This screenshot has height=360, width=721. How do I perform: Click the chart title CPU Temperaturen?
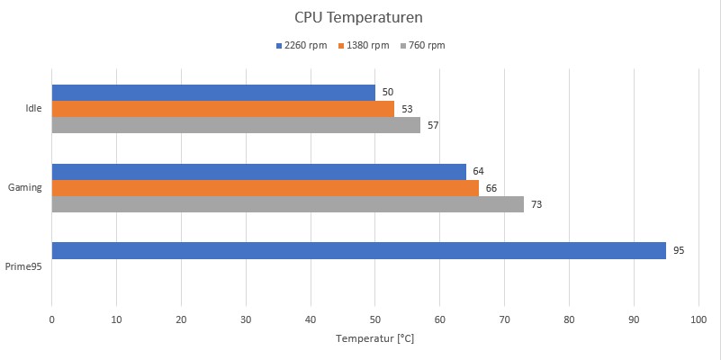pos(358,17)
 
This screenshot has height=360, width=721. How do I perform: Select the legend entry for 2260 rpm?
pos(302,46)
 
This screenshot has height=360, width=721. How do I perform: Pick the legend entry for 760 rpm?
pos(420,46)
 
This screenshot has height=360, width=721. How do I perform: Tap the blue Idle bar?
pos(213,93)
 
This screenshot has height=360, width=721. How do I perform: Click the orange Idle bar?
pos(222,109)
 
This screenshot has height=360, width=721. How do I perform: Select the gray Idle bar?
pos(236,125)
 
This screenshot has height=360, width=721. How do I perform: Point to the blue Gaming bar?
pos(258,172)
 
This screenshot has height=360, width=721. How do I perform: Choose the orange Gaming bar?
pos(265,188)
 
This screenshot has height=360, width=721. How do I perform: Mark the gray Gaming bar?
pos(287,204)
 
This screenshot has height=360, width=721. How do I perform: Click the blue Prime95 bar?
pos(358,250)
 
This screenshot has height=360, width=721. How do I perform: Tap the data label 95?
pos(679,250)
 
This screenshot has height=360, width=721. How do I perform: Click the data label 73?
pos(536,204)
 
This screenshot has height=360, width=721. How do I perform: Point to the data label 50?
pos(388,93)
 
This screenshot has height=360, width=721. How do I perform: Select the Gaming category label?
pos(25,187)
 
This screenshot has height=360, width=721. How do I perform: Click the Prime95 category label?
pos(23,266)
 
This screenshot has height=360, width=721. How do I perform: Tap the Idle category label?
pos(33,109)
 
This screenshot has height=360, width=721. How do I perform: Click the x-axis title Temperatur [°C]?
pos(374,339)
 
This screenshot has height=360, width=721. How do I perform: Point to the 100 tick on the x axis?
pos(698,319)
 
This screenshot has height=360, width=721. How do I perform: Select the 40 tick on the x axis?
pos(311,319)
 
